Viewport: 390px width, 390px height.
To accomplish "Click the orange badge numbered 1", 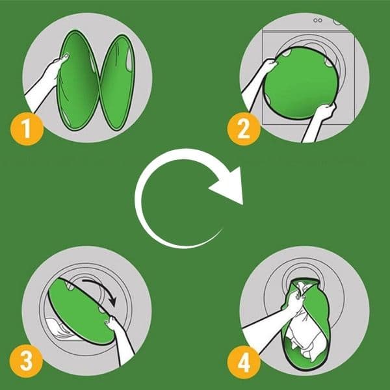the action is pyautogui.click(x=27, y=129).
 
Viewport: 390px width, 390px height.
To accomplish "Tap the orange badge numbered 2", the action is pyautogui.click(x=244, y=129).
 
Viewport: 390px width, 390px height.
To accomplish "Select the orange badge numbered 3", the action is pyautogui.click(x=27, y=361).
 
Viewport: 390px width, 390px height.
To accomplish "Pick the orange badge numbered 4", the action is pyautogui.click(x=244, y=362).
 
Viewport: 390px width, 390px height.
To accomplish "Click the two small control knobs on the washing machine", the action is pyautogui.click(x=318, y=20).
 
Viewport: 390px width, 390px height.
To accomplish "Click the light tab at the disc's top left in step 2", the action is pyautogui.click(x=286, y=52).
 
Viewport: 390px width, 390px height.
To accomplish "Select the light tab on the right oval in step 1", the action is pyautogui.click(x=129, y=60).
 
